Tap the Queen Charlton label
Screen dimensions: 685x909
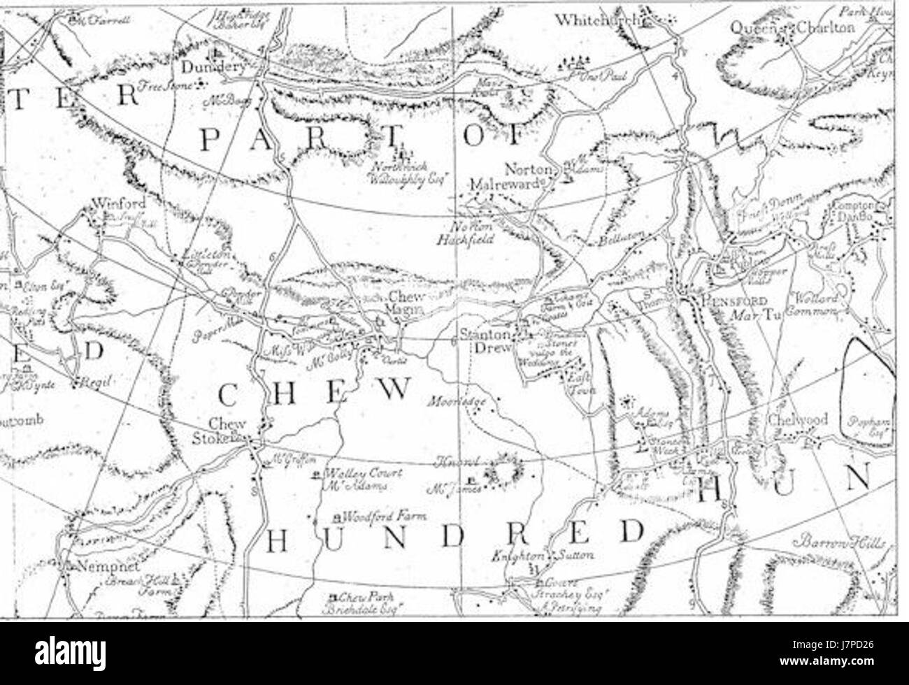(793, 27)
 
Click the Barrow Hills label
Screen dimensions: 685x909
(839, 544)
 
